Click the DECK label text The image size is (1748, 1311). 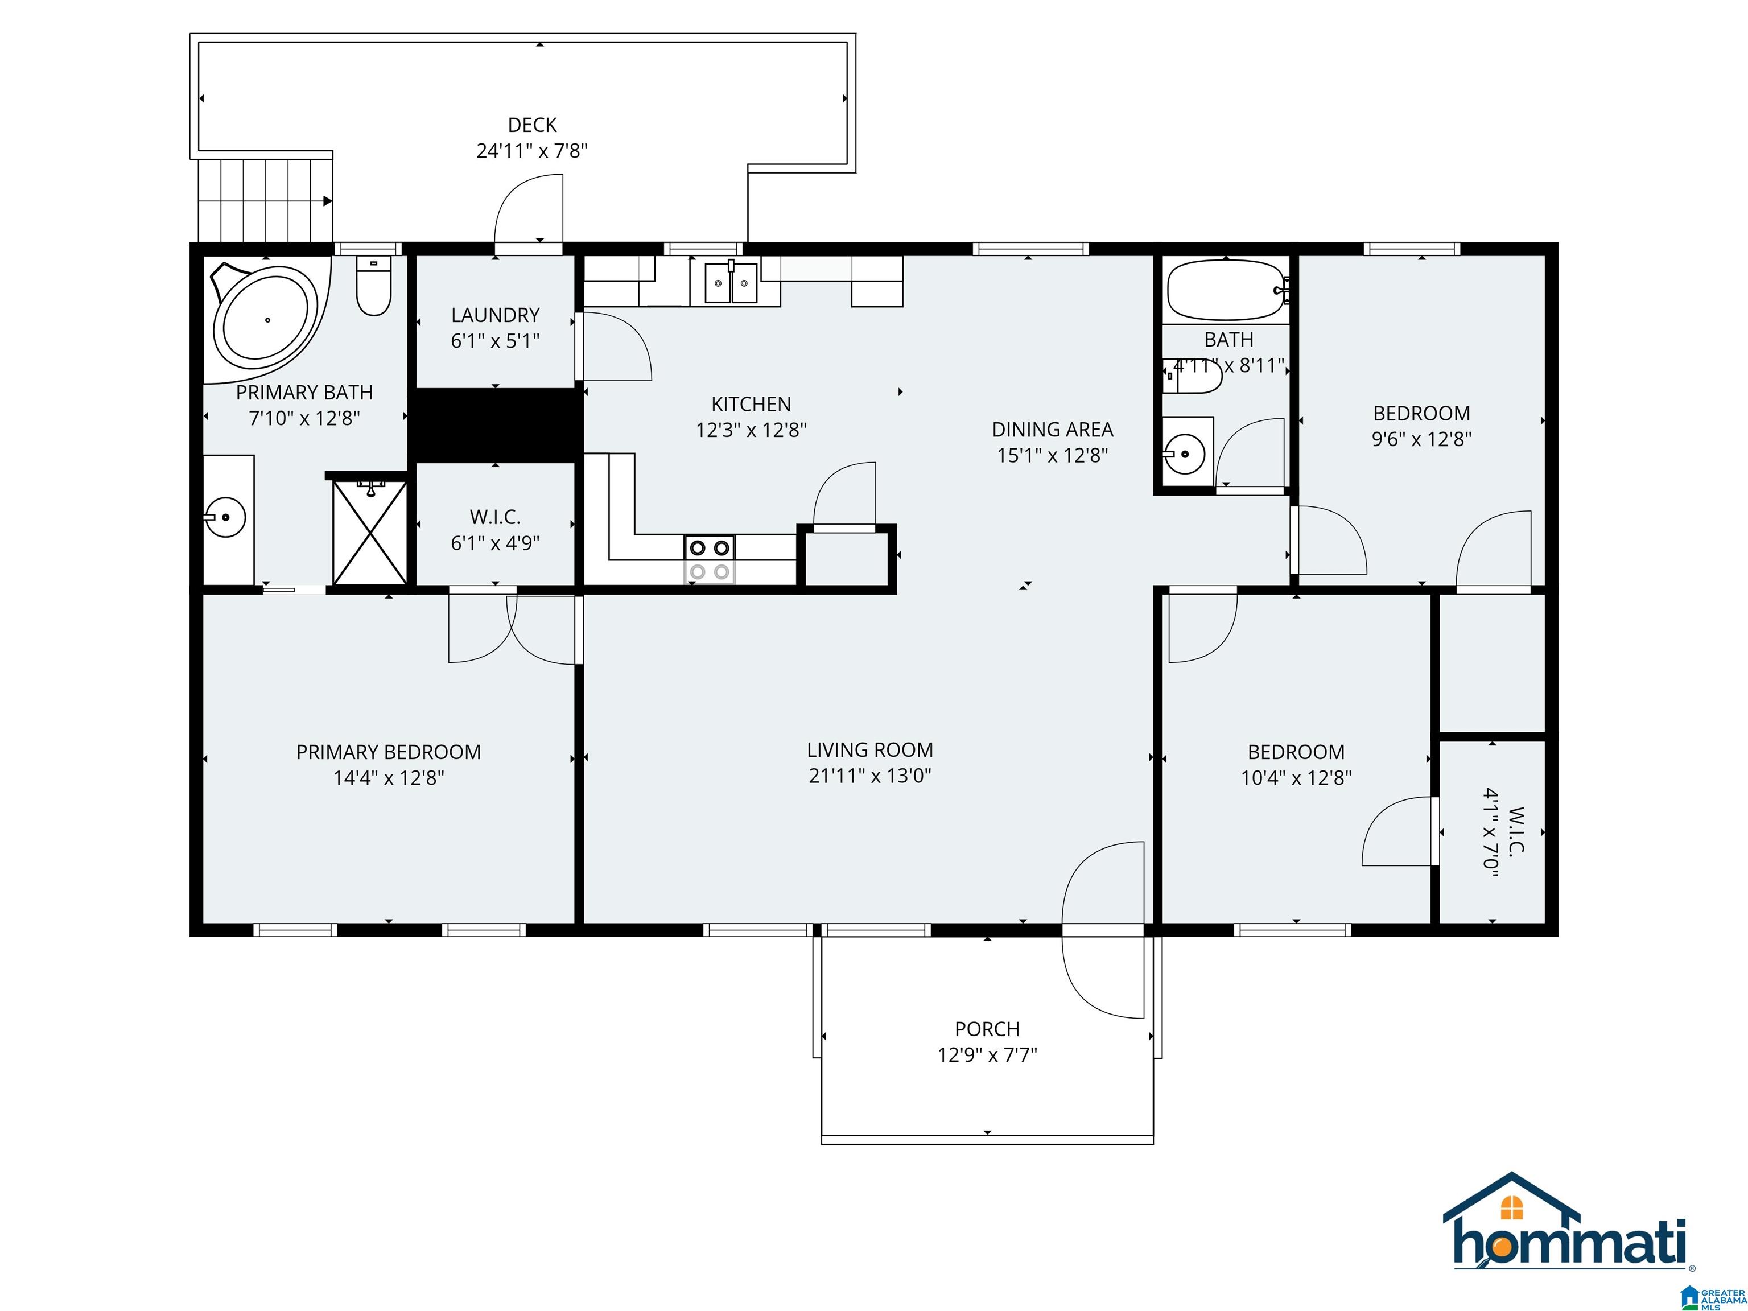coord(532,125)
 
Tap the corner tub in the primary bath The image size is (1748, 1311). coord(267,319)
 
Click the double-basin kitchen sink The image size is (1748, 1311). coord(730,282)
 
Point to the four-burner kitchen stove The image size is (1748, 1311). coord(709,559)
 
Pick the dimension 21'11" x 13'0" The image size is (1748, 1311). coord(869,775)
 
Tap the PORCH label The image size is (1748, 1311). coord(987,1029)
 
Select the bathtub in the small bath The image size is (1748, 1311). coord(1226,290)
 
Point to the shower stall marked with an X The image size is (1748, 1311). coord(369,532)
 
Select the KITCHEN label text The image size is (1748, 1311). coord(751,405)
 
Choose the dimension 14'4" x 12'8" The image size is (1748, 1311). coord(388,778)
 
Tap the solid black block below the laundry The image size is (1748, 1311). coord(496,425)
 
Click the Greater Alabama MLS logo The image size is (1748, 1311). coord(1713,1297)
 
